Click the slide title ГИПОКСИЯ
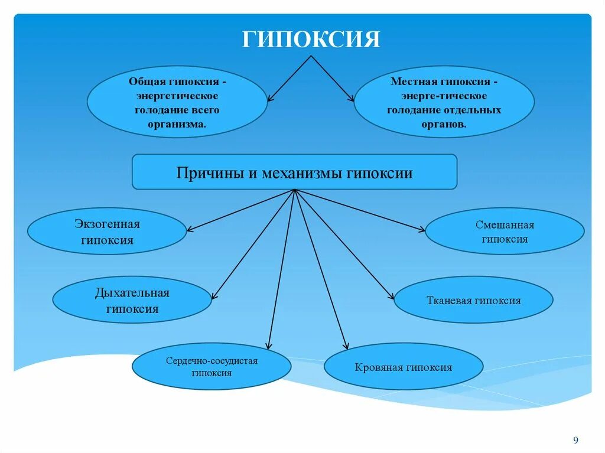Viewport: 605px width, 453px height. click(x=311, y=40)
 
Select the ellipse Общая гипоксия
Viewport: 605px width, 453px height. click(x=177, y=102)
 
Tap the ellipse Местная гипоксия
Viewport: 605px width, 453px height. click(x=444, y=102)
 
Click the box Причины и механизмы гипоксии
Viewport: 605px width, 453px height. click(x=294, y=172)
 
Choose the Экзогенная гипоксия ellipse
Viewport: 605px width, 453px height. click(x=107, y=232)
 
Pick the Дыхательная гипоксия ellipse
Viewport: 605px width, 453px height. click(x=132, y=301)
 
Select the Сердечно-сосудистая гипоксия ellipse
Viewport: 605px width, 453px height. click(x=211, y=367)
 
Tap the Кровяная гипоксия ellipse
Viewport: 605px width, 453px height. click(x=404, y=367)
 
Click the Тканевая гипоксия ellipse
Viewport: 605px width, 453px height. click(x=473, y=301)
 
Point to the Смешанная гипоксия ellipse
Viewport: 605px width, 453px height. click(x=505, y=232)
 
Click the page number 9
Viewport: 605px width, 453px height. click(x=576, y=440)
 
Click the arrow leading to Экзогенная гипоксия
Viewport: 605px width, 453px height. click(x=240, y=210)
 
